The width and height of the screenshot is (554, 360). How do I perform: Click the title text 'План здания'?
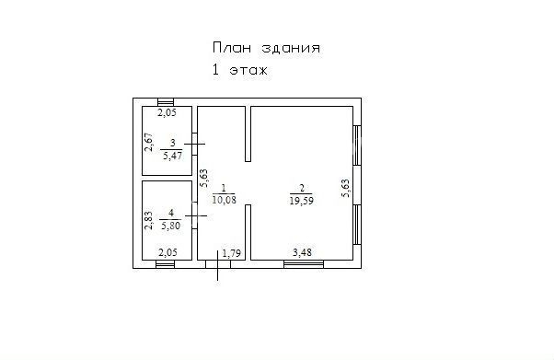coord(266,48)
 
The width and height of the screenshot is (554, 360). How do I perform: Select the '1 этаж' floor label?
coord(240,70)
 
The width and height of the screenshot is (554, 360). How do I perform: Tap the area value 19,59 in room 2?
coord(301,201)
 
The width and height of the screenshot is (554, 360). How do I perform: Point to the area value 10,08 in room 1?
coord(224,200)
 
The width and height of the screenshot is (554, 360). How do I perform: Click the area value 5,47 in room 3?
coord(172,156)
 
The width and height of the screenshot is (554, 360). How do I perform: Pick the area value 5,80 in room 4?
coord(171,226)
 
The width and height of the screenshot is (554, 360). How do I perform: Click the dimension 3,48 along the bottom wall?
coord(303,252)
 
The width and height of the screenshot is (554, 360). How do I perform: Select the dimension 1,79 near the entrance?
coord(232,253)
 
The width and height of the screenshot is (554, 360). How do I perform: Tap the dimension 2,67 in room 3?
coord(149,142)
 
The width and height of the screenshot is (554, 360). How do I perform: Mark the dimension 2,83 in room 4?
coord(149,220)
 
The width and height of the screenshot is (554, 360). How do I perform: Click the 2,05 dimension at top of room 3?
coord(167,113)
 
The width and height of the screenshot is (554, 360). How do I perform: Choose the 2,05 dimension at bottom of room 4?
coord(167,253)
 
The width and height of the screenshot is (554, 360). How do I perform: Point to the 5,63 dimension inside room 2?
coord(345,188)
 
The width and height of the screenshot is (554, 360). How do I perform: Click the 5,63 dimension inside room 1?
coord(203,179)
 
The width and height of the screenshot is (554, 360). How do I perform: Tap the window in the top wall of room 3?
coord(166,102)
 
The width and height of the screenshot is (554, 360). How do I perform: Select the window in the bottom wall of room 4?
coord(166,264)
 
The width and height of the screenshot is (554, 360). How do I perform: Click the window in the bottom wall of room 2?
coord(304,264)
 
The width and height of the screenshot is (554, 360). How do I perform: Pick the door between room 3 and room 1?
coord(195,144)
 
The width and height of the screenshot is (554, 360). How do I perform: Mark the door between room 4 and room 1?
coord(195,215)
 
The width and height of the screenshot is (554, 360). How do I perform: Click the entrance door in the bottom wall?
coord(218,264)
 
